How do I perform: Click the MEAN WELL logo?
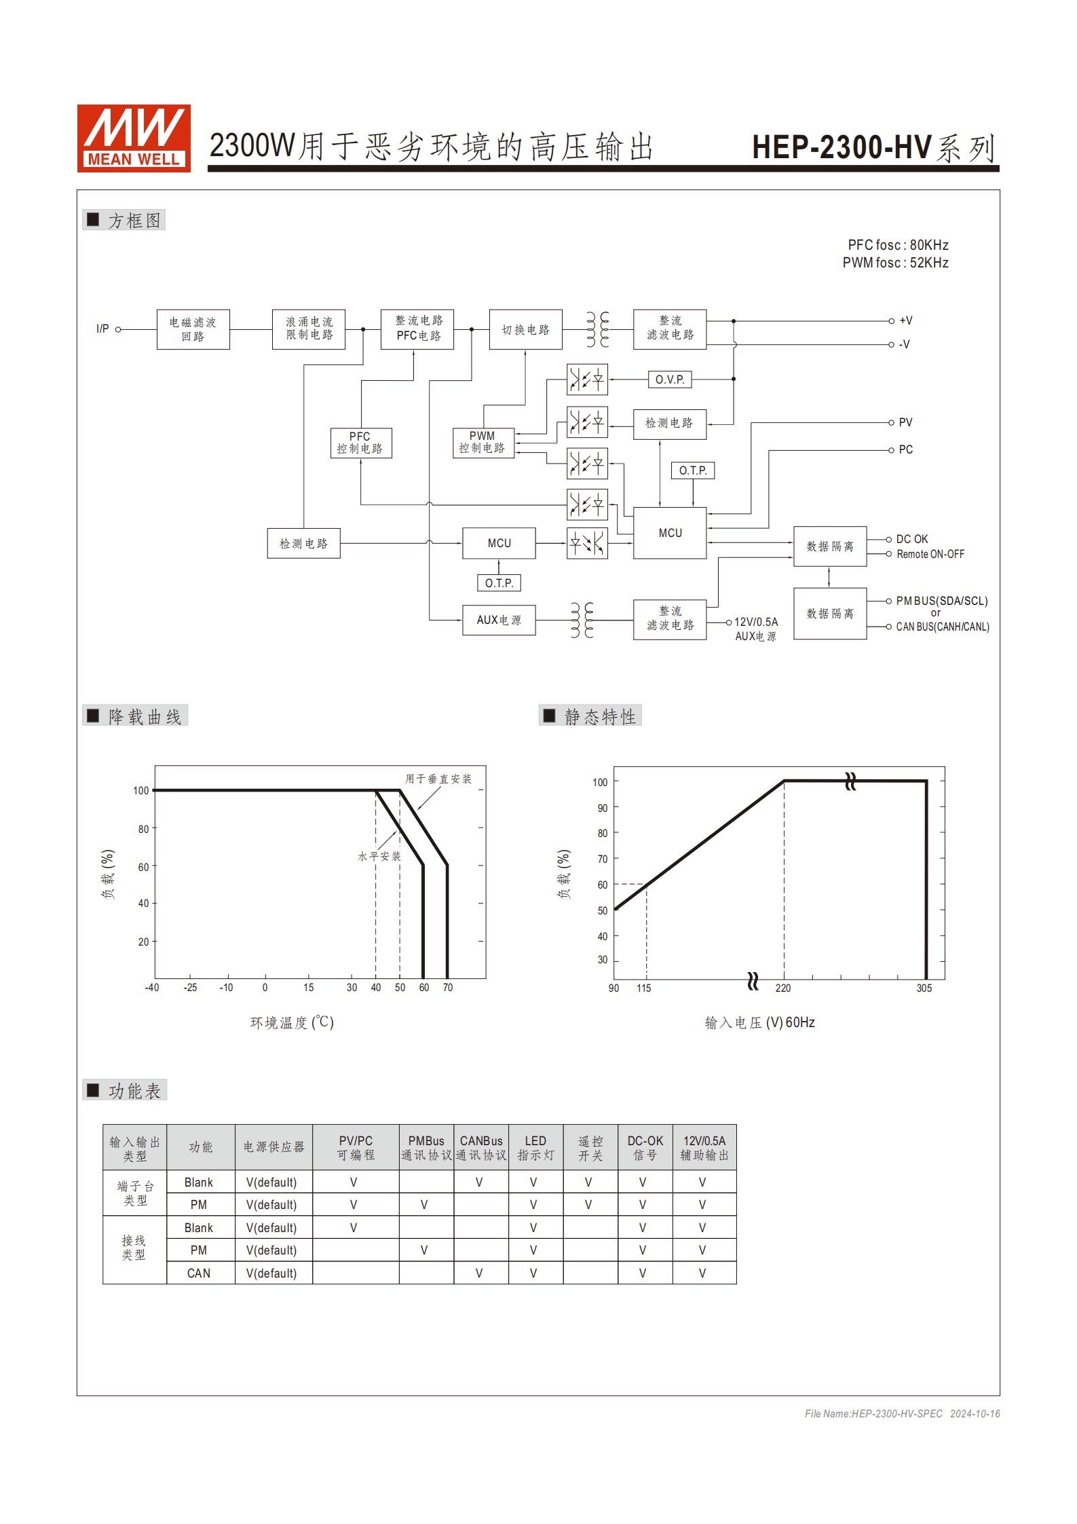pos(134,138)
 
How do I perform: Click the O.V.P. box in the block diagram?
pos(669,379)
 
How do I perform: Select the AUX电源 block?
pos(499,620)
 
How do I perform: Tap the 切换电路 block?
pos(525,330)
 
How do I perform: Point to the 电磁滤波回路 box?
pos(193,330)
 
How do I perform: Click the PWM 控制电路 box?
pos(483,443)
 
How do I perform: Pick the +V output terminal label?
pos(905,320)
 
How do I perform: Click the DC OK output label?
pos(911,539)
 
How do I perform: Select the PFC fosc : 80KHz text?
pos(897,245)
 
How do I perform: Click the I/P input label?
pos(102,329)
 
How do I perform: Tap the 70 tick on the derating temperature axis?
pos(448,988)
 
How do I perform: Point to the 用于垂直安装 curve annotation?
pos(438,779)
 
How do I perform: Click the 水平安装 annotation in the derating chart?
pos(379,857)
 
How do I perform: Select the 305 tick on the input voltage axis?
pos(924,988)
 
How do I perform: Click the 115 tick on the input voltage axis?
pos(643,988)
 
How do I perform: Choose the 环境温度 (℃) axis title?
pos(292,1022)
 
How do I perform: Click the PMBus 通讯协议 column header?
pos(426,1147)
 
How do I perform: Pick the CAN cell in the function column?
pos(199,1274)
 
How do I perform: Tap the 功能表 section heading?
pos(134,1091)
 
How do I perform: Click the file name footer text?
pos(901,1413)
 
